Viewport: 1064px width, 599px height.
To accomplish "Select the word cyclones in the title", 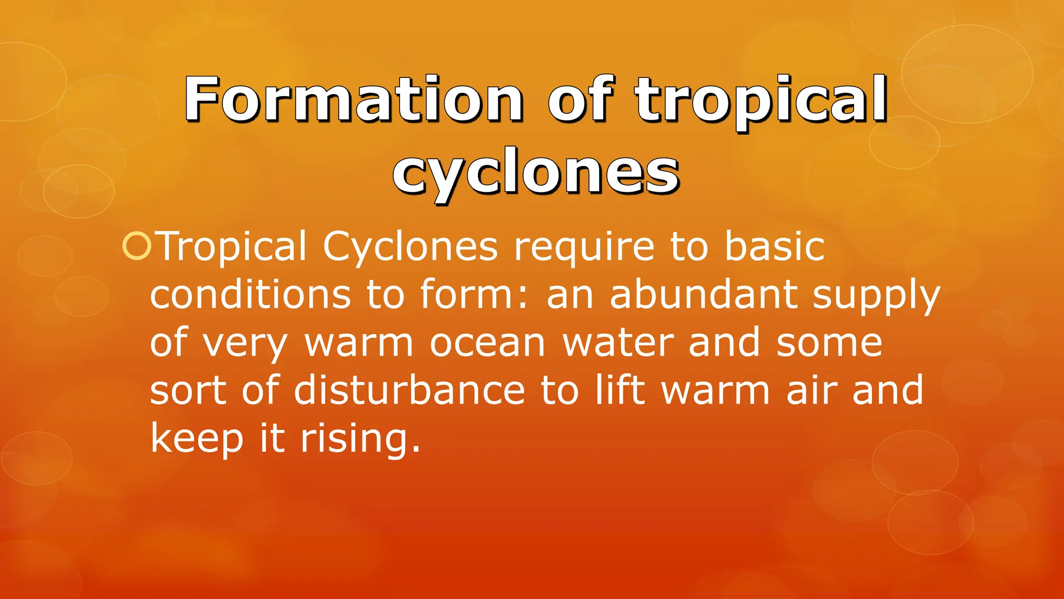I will (x=536, y=173).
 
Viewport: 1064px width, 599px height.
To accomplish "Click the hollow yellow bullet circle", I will (x=137, y=246).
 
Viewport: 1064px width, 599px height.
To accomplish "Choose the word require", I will (x=584, y=248).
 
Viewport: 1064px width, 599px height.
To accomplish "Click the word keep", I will (x=197, y=439).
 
